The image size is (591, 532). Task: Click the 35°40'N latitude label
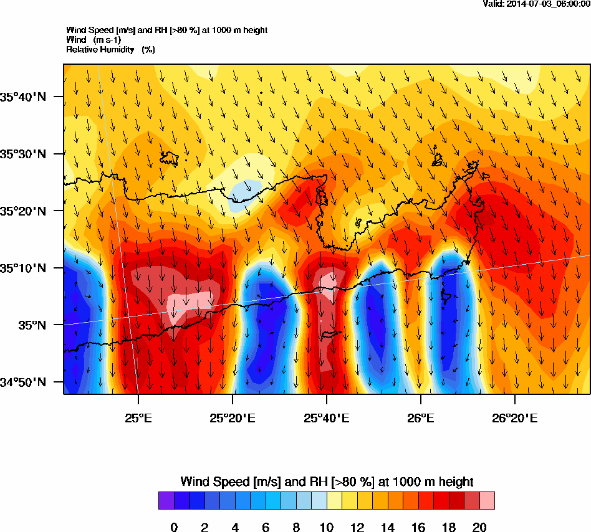coord(24,97)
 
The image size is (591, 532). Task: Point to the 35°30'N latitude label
coord(24,154)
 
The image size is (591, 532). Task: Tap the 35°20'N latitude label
coord(24,211)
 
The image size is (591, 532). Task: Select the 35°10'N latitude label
coord(24,268)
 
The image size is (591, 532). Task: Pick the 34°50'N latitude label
coord(24,382)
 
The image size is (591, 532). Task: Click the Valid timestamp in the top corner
coord(537,4)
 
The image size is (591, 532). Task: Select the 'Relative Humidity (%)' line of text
coord(110,49)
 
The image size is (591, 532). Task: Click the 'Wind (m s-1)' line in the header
coord(94,40)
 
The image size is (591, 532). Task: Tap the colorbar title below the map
coord(327,482)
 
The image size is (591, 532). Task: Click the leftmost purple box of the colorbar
coord(166,501)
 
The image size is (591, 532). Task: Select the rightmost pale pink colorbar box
coord(487,501)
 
